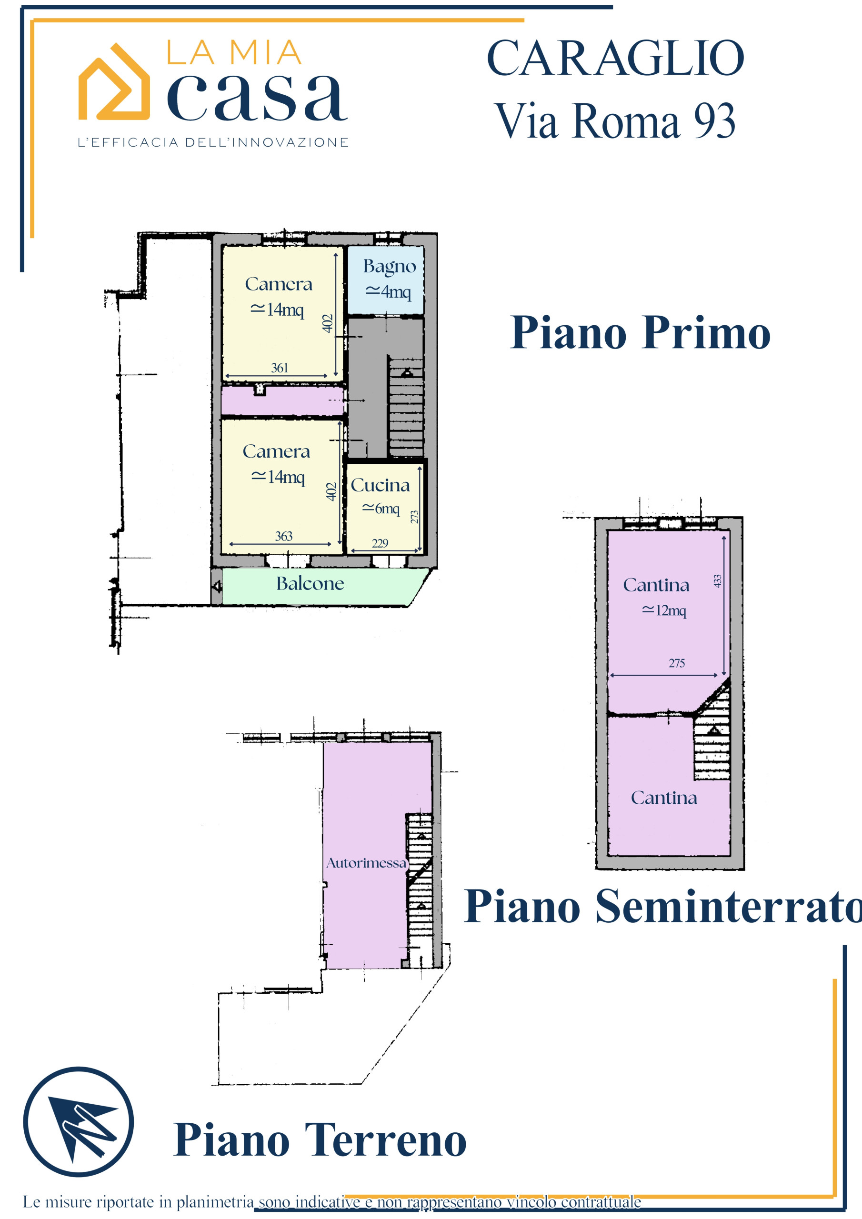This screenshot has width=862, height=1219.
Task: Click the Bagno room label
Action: pyautogui.click(x=389, y=267)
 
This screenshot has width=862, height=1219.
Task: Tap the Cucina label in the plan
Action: pyautogui.click(x=380, y=485)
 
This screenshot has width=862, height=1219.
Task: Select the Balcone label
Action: pyautogui.click(x=310, y=583)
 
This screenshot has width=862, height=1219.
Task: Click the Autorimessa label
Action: pyautogui.click(x=367, y=863)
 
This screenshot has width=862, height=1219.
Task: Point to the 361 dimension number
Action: pyautogui.click(x=280, y=368)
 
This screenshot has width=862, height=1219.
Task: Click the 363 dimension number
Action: pyautogui.click(x=284, y=536)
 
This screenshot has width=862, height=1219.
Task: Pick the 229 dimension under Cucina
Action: pyautogui.click(x=380, y=543)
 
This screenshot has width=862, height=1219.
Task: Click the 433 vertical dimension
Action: pyautogui.click(x=718, y=581)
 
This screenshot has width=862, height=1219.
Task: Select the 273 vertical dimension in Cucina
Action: pyautogui.click(x=414, y=517)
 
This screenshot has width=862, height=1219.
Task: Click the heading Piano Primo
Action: pyautogui.click(x=640, y=333)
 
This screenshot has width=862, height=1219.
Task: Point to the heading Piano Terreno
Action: pyautogui.click(x=320, y=1139)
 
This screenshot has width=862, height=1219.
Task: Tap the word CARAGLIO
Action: pyautogui.click(x=616, y=58)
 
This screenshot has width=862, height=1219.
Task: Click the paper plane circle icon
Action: pyautogui.click(x=79, y=1122)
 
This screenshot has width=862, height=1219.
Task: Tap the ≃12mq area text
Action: pyautogui.click(x=664, y=610)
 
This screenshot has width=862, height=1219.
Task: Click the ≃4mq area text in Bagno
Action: pyautogui.click(x=388, y=291)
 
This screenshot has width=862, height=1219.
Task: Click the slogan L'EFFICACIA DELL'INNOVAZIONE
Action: pyautogui.click(x=213, y=142)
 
